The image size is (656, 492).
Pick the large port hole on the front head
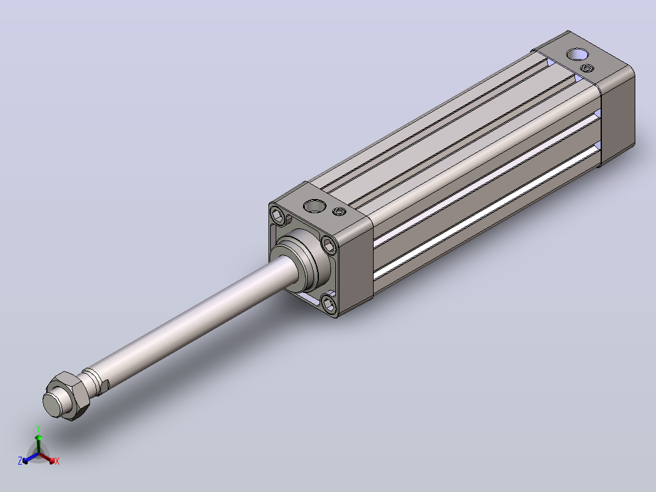315,206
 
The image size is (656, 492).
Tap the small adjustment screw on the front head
340,211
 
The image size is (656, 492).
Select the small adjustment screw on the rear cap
587,68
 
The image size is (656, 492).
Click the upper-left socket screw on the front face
277,216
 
